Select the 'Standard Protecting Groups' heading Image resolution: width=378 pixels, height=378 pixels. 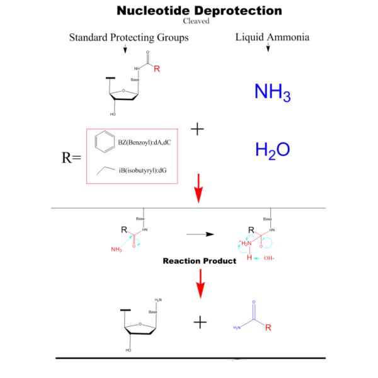pos(129,38)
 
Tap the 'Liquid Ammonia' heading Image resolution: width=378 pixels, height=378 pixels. pos(272,37)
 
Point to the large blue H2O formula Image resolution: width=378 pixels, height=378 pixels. pos(272,150)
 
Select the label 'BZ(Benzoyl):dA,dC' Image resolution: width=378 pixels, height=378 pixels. pos(144,142)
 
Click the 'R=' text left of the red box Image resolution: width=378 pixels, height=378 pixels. pos(71,157)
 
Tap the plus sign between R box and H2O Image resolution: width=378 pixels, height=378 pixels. pos(197,129)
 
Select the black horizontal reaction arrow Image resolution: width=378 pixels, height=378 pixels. pos(201,234)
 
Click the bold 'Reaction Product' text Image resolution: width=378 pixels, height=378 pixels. pos(199,260)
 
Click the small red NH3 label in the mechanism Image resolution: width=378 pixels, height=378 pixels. pos(117,249)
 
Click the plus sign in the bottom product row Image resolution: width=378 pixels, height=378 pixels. pos(200,322)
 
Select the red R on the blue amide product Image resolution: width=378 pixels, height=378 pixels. pos(268,328)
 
